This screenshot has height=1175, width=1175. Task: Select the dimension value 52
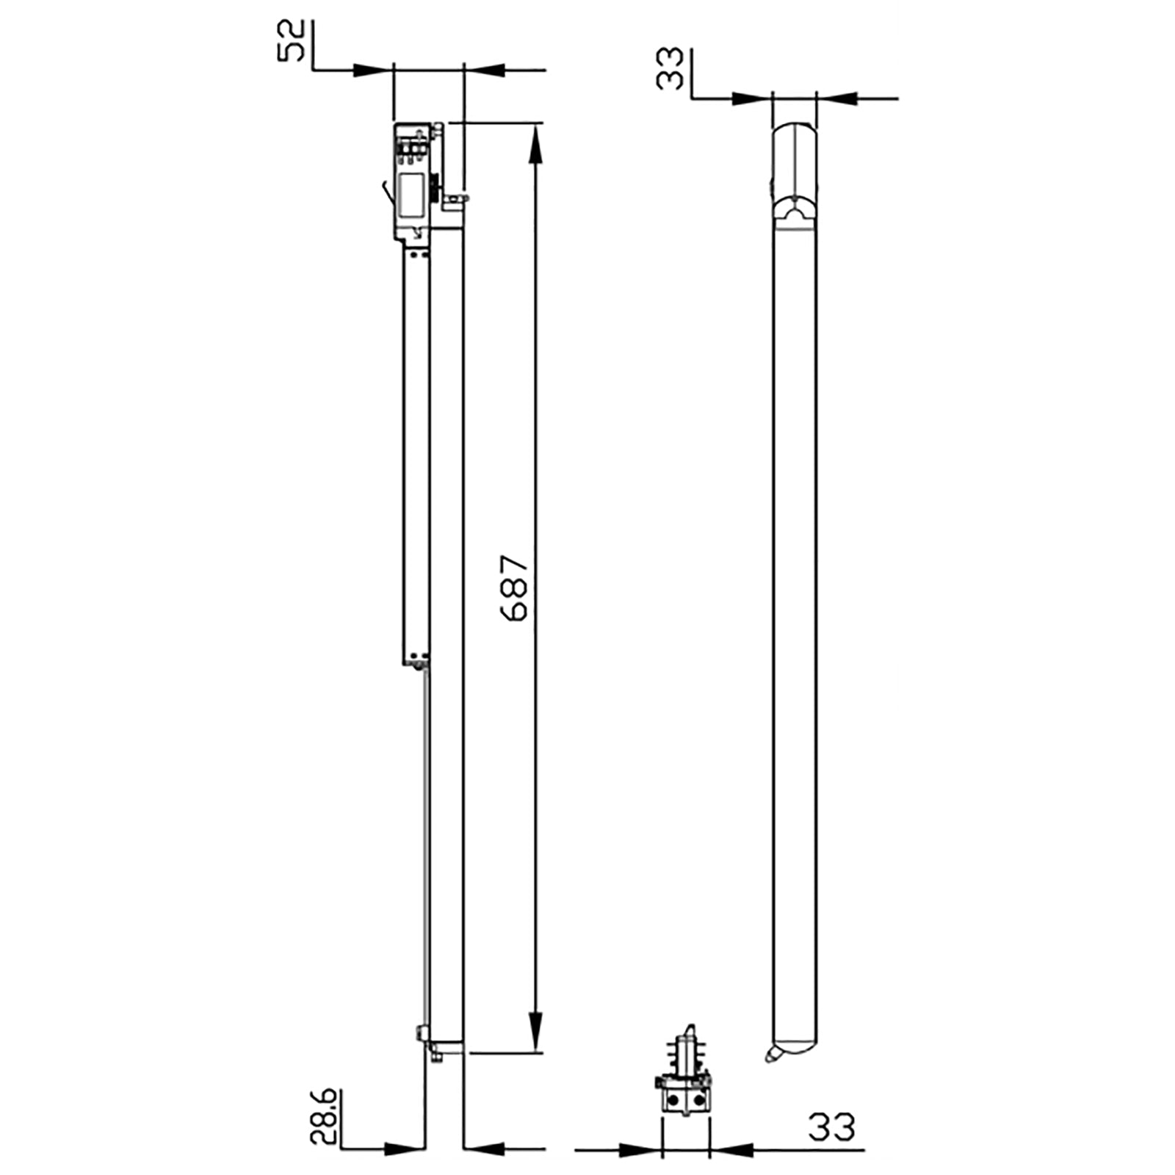coord(291,41)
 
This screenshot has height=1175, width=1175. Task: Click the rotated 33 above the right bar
coord(670,68)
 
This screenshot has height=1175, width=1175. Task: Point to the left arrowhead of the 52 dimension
coord(372,70)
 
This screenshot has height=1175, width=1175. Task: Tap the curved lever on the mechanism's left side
coord(385,192)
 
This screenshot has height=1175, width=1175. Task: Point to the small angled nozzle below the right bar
coord(770,1056)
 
